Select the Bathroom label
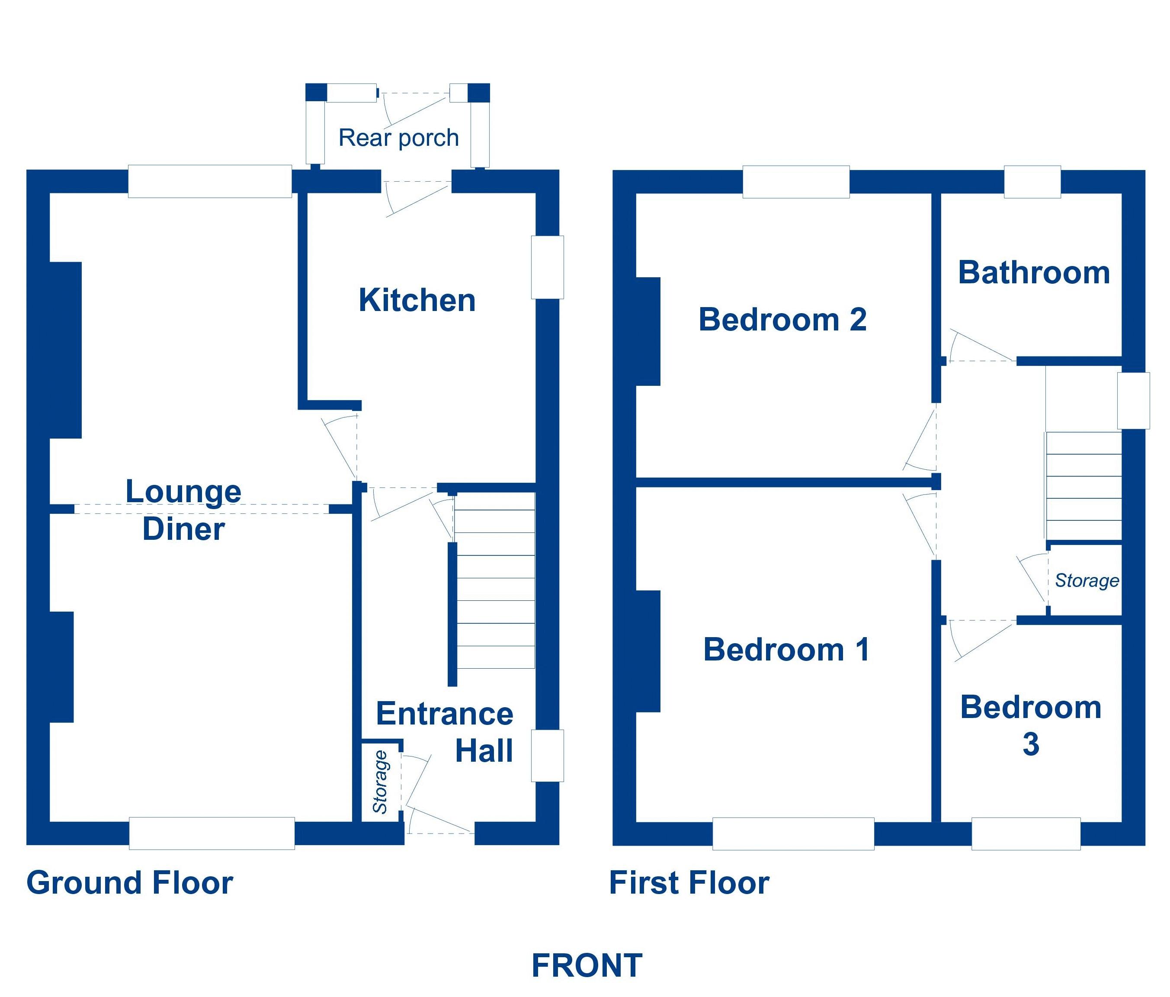(x=1034, y=272)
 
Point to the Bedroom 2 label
(x=782, y=320)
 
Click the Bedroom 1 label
(x=786, y=649)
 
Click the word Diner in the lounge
(x=183, y=529)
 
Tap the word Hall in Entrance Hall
(x=484, y=751)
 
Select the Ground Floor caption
(x=129, y=882)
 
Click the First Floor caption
(x=689, y=882)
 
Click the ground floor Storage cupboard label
(x=381, y=782)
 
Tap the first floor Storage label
(x=1087, y=580)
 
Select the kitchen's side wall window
(x=547, y=267)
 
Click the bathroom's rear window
(x=1032, y=182)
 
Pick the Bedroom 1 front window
(x=793, y=833)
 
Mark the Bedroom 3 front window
(x=1026, y=833)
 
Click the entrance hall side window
(x=547, y=755)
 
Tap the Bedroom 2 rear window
(x=795, y=182)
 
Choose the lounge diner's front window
(x=212, y=833)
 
